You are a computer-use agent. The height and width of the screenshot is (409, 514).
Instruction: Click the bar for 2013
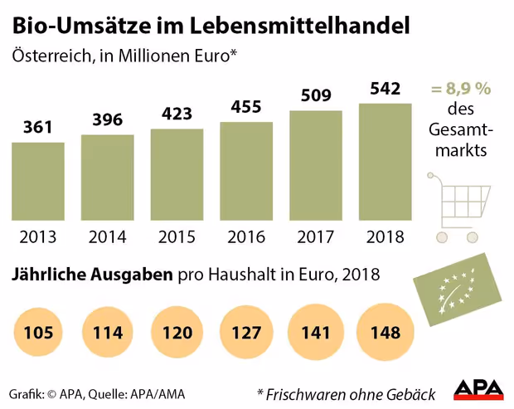(x=38, y=182)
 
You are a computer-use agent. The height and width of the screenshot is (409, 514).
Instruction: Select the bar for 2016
(x=246, y=172)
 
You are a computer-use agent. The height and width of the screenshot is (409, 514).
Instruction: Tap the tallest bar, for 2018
(x=385, y=162)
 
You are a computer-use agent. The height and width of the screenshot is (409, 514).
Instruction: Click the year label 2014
(x=108, y=237)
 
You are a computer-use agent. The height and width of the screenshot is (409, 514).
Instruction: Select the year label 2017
(x=316, y=237)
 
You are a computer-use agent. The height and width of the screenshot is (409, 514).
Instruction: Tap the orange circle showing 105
(x=38, y=333)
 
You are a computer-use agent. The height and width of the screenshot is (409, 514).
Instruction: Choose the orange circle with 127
(x=246, y=333)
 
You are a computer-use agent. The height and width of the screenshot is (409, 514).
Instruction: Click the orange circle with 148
(x=385, y=333)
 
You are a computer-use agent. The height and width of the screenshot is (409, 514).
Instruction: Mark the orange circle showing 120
(x=177, y=333)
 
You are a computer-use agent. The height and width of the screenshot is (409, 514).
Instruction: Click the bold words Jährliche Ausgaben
(x=92, y=275)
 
